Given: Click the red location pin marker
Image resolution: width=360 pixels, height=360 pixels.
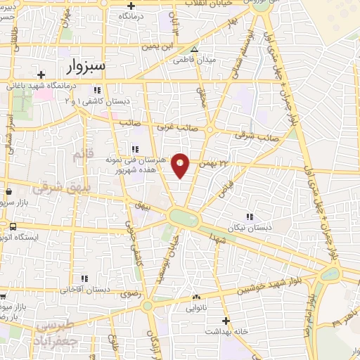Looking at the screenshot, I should [181, 165].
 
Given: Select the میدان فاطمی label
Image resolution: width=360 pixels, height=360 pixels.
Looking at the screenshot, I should [188, 60].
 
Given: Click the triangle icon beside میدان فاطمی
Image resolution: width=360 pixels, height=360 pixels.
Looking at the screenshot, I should [195, 49].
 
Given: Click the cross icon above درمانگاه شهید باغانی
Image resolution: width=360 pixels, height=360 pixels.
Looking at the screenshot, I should [41, 75].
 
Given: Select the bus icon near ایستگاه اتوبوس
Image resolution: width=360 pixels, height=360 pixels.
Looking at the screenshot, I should [13, 226].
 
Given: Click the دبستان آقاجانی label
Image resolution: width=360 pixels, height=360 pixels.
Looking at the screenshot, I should [85, 289].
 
